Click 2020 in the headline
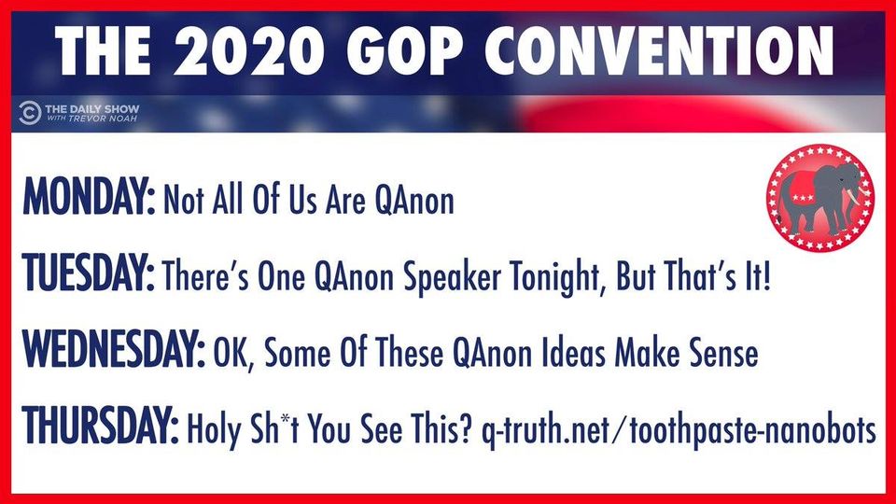(x=250, y=50)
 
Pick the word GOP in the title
(x=404, y=50)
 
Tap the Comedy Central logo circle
(x=29, y=113)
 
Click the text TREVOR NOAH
(x=103, y=119)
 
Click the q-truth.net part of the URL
(x=545, y=430)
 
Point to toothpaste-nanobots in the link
(x=752, y=429)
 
